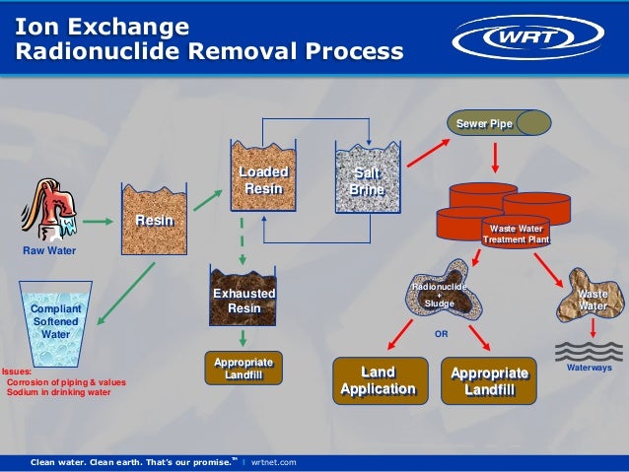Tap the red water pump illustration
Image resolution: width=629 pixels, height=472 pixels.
click(x=49, y=209)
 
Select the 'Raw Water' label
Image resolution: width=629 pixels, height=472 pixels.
click(x=49, y=251)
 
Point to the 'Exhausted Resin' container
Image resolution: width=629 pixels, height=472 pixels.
click(x=245, y=295)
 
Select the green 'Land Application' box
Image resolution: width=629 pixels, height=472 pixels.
click(x=379, y=380)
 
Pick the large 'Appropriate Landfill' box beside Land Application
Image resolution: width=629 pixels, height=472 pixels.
click(x=490, y=380)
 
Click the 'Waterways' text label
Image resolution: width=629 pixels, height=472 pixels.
click(x=590, y=368)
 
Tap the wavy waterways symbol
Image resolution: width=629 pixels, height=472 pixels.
click(x=590, y=350)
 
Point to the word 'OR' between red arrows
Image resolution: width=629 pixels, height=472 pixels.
click(x=441, y=334)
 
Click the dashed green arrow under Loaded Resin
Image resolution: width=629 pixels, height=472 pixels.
click(x=243, y=236)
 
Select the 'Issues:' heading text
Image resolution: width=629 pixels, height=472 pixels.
click(x=16, y=371)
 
